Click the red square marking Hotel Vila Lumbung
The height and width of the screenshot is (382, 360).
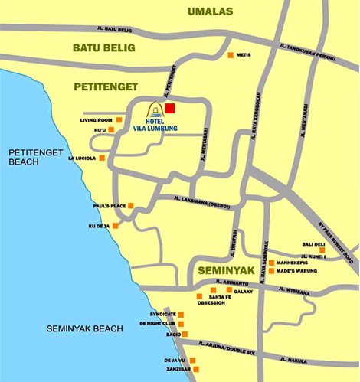171,109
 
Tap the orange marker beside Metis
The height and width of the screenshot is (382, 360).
231,55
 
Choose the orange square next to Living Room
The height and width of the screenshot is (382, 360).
119,120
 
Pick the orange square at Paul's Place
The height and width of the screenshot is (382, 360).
130,206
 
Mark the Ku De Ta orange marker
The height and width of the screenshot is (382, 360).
116,226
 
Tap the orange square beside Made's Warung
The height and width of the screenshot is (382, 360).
270,271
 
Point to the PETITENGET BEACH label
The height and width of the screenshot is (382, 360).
34,158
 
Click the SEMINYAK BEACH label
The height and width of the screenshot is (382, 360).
84,328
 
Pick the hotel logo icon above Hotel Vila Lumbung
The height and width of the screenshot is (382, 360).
154,111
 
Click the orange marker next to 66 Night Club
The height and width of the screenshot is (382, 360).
182,324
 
